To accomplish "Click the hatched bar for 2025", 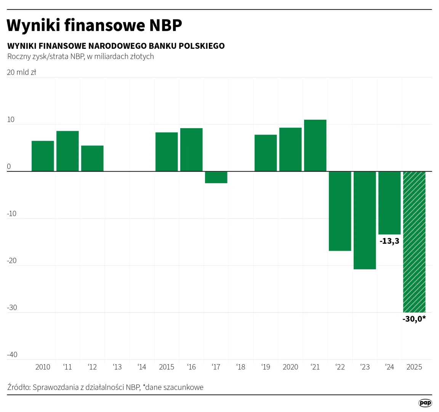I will [414, 242].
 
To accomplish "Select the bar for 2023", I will [365, 220].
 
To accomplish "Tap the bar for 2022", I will [340, 211].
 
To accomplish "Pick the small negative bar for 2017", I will [216, 177].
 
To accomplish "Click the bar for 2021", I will [315, 145].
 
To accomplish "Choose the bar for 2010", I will [43, 156].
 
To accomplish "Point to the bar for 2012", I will [92, 158].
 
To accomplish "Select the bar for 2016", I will [191, 150].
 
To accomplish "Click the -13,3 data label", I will [389, 241].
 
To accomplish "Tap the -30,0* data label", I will [414, 319].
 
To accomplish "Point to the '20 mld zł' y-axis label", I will [21, 72].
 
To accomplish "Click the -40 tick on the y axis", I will [12, 355].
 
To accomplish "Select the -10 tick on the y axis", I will [12, 214].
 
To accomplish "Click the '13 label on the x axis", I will [117, 367].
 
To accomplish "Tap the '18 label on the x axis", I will [241, 367].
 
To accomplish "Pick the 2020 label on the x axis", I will [290, 367].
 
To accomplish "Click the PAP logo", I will [425, 403].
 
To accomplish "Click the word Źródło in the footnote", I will [18, 387].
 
